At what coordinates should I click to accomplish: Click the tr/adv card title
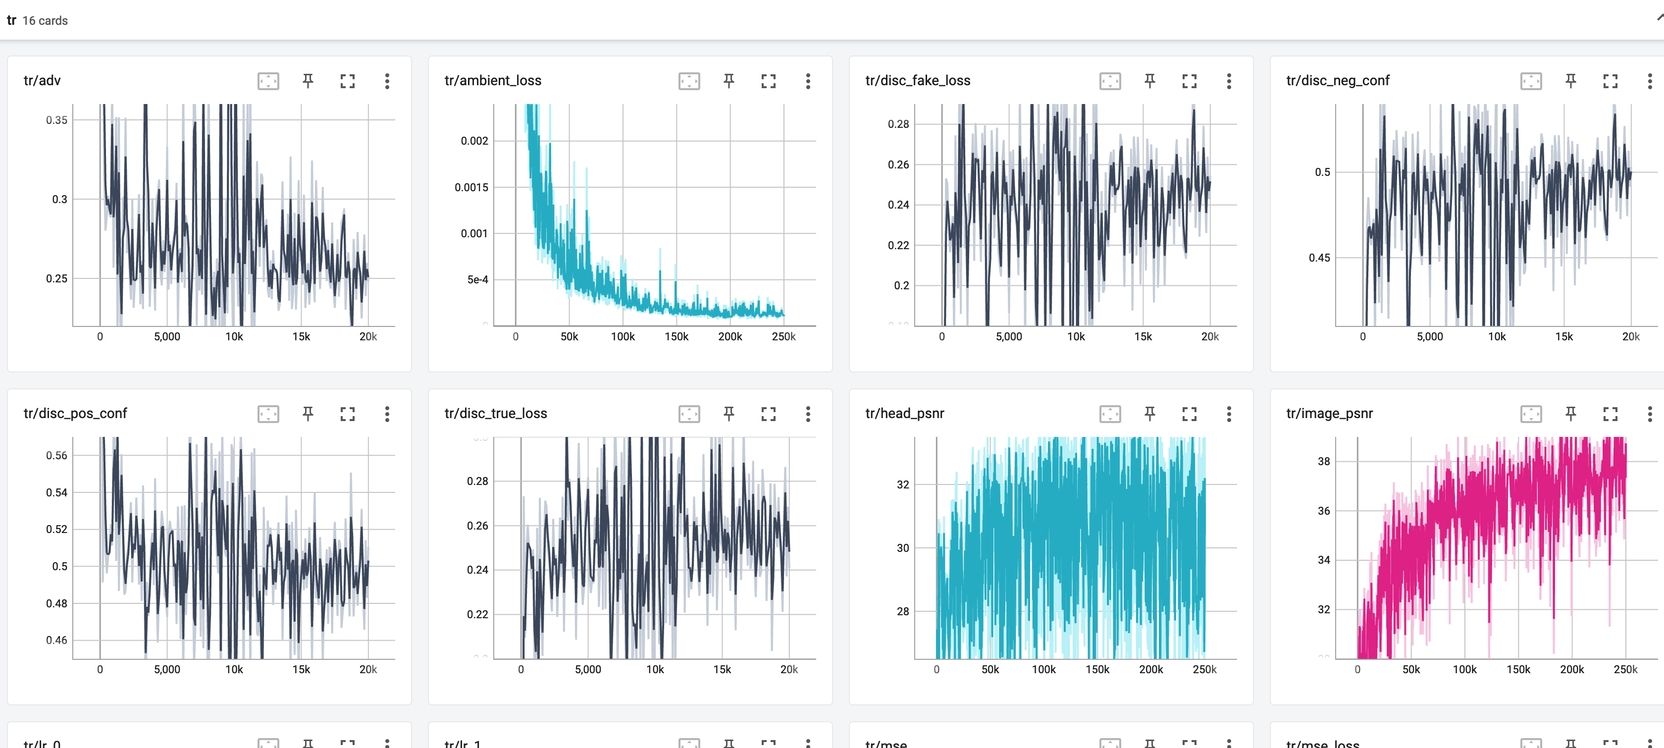[42, 81]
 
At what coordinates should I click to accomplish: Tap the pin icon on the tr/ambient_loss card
[728, 81]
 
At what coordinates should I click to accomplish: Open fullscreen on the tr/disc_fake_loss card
[1189, 81]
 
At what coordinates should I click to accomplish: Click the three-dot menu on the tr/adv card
[387, 81]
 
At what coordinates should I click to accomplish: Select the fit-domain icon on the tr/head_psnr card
[1110, 414]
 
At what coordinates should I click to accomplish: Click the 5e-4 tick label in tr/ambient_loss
[477, 280]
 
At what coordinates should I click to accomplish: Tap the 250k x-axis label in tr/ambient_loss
[783, 336]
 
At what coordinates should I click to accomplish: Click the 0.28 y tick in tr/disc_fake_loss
[898, 124]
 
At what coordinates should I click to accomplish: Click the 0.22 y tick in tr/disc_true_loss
[477, 614]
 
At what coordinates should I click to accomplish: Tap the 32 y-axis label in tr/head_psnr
[902, 484]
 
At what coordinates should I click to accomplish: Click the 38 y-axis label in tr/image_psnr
[1324, 461]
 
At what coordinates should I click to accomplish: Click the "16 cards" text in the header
[45, 21]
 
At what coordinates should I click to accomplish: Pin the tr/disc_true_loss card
[728, 414]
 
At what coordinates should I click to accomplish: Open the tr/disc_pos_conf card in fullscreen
[348, 414]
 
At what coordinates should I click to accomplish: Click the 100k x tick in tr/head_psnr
[1043, 670]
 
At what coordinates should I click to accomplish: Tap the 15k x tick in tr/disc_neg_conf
[1564, 336]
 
